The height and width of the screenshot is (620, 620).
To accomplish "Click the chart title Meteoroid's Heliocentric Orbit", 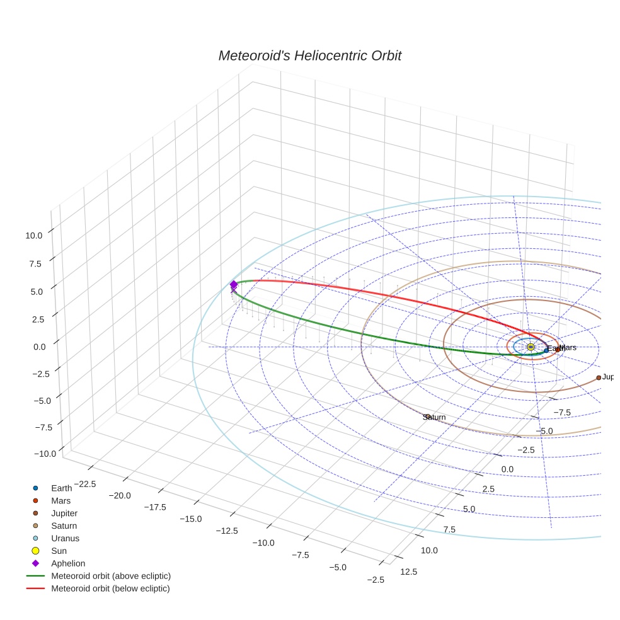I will tap(309, 56).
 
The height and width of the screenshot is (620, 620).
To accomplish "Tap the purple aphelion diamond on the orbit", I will tap(234, 285).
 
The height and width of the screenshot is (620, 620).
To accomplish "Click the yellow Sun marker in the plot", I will tap(531, 347).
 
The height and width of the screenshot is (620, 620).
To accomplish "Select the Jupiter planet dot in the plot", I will tap(599, 377).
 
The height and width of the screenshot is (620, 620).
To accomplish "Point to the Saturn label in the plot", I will tap(435, 417).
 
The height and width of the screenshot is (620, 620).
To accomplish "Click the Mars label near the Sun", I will tap(568, 347).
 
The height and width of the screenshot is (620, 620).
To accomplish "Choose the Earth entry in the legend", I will tap(61, 488).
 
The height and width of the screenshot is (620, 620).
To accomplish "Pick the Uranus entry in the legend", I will tap(65, 539).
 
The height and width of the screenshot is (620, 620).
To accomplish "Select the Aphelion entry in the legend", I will tap(68, 563).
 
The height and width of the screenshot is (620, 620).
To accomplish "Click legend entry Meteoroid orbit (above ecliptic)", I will tap(111, 576).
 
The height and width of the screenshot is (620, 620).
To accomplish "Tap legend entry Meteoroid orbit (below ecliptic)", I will tap(110, 588).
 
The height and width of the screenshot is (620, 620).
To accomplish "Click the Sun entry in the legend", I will tap(59, 551).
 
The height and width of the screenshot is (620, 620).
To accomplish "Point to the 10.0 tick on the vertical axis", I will tap(34, 235).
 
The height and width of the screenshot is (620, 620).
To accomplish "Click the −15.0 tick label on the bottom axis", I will tap(190, 519).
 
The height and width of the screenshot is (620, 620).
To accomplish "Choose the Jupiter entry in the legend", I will tap(64, 514).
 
